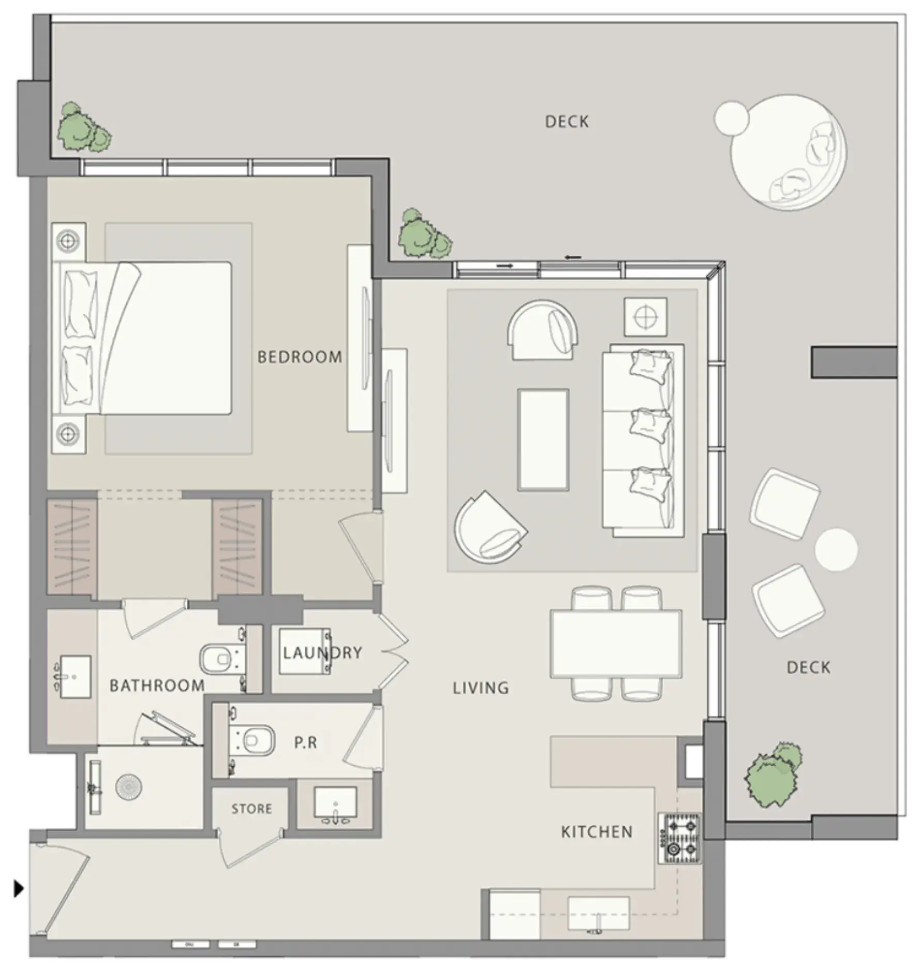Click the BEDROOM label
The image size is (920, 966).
(x=300, y=357)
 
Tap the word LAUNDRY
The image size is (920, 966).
(x=322, y=652)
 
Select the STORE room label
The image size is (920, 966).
(x=251, y=809)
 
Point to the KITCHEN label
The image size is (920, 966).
(x=597, y=832)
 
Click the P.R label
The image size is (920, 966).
(x=305, y=742)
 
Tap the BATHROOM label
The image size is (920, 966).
(x=157, y=685)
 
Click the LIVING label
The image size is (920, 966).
(x=481, y=688)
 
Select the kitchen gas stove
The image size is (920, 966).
(x=679, y=838)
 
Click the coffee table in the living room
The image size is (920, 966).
(x=543, y=440)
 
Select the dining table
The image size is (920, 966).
(x=616, y=643)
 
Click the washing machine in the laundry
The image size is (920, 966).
(x=304, y=651)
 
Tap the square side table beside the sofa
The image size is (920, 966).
(x=645, y=317)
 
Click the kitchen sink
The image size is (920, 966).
(x=599, y=914)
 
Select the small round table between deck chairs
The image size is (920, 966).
(x=836, y=549)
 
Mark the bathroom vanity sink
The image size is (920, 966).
(x=75, y=677)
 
